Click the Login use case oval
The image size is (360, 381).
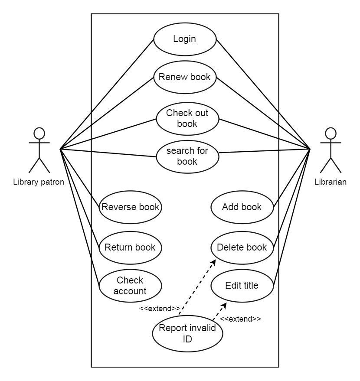[x=185, y=39]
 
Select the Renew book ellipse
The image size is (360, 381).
[x=185, y=78]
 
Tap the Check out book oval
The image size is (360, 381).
[x=187, y=118]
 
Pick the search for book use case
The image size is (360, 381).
[x=187, y=156]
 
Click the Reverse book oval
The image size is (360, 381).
[x=130, y=207]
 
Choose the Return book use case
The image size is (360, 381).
[x=130, y=247]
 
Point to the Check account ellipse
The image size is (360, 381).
[x=130, y=285]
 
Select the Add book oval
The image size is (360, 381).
[x=242, y=207]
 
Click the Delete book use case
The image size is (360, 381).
[x=242, y=247]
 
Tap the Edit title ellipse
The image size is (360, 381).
[x=242, y=286]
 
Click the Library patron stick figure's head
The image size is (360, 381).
[x=39, y=133]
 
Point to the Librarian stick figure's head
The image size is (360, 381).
[x=331, y=133]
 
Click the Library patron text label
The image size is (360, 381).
[x=39, y=182]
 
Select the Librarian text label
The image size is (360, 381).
[x=331, y=182]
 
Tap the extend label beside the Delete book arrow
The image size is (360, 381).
[x=160, y=309]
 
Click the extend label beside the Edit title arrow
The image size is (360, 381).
[x=240, y=319]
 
